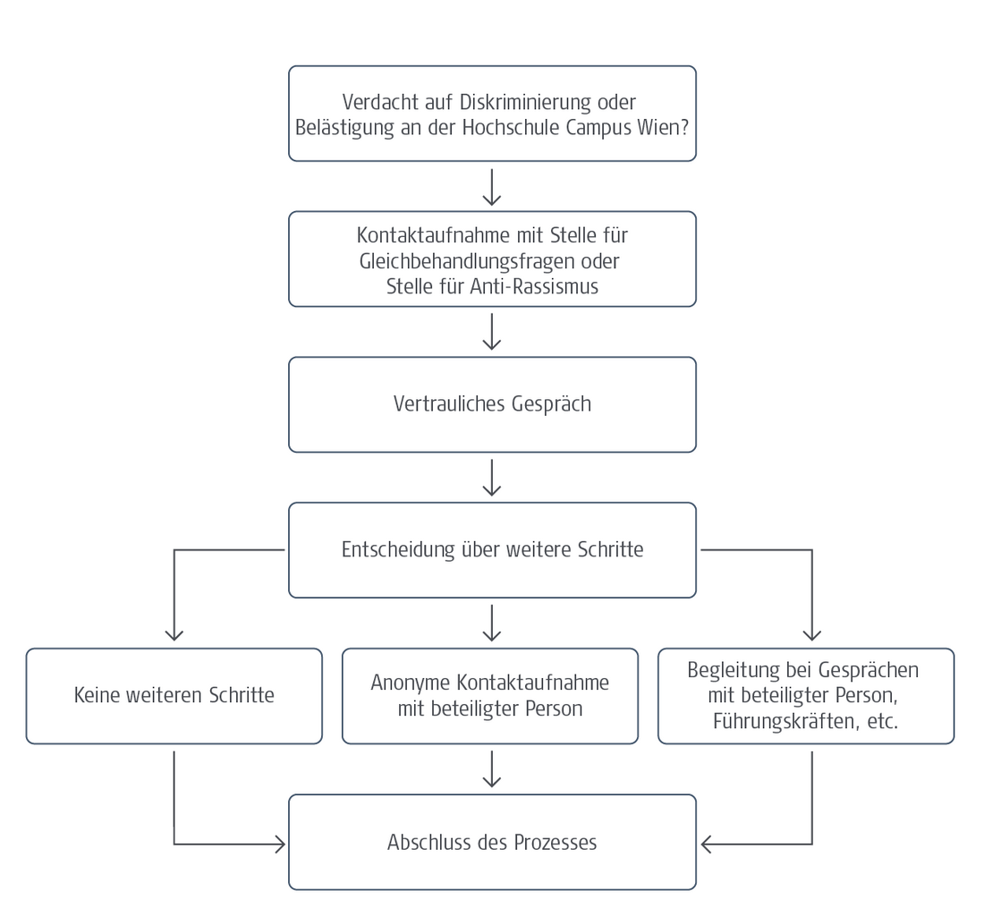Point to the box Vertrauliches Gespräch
pos(492,404)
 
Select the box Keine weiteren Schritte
pos(174,696)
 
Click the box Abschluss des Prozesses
pos(492,842)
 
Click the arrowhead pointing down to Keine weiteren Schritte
pos(174,634)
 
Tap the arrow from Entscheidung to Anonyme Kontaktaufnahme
pos(492,623)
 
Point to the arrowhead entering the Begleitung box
pos(811,634)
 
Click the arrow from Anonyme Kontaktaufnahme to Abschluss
pos(492,768)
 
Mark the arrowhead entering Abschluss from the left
pos(279,844)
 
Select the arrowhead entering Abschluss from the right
pos(707,844)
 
